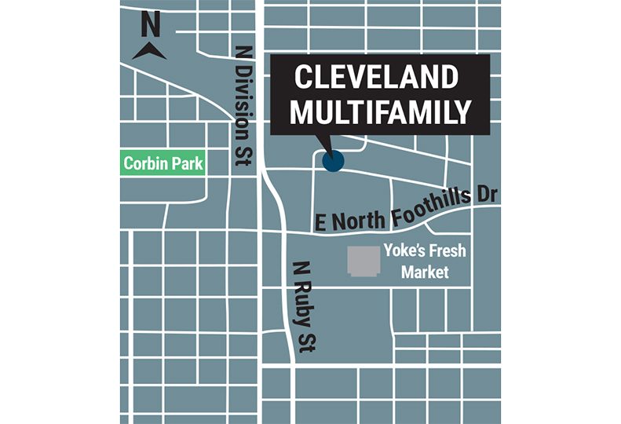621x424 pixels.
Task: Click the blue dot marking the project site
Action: (x=333, y=161)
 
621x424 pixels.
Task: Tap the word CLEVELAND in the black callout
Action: (x=376, y=79)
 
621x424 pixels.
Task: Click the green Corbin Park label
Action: (x=163, y=165)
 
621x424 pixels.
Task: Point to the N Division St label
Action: (x=243, y=107)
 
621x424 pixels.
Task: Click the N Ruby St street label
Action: (x=301, y=304)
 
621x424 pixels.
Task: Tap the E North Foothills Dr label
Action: (x=405, y=209)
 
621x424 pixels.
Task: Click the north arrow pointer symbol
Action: (x=148, y=52)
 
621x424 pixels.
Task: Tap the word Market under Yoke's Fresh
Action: (x=425, y=272)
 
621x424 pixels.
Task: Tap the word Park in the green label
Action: (x=187, y=165)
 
